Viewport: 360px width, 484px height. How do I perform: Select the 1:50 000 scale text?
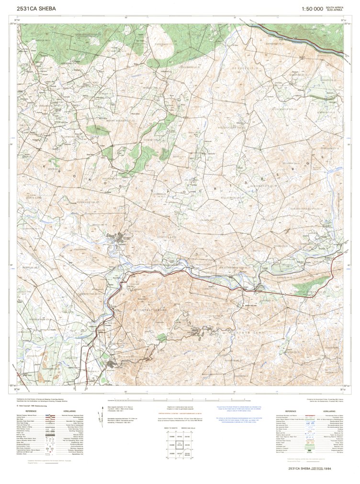312,9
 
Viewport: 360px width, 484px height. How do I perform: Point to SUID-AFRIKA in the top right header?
335,10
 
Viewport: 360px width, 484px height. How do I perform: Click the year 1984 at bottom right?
327,469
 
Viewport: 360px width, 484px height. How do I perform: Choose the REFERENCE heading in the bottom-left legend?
31,411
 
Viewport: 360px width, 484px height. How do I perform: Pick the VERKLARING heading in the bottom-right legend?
329,411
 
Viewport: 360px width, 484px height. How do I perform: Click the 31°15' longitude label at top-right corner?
343,21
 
